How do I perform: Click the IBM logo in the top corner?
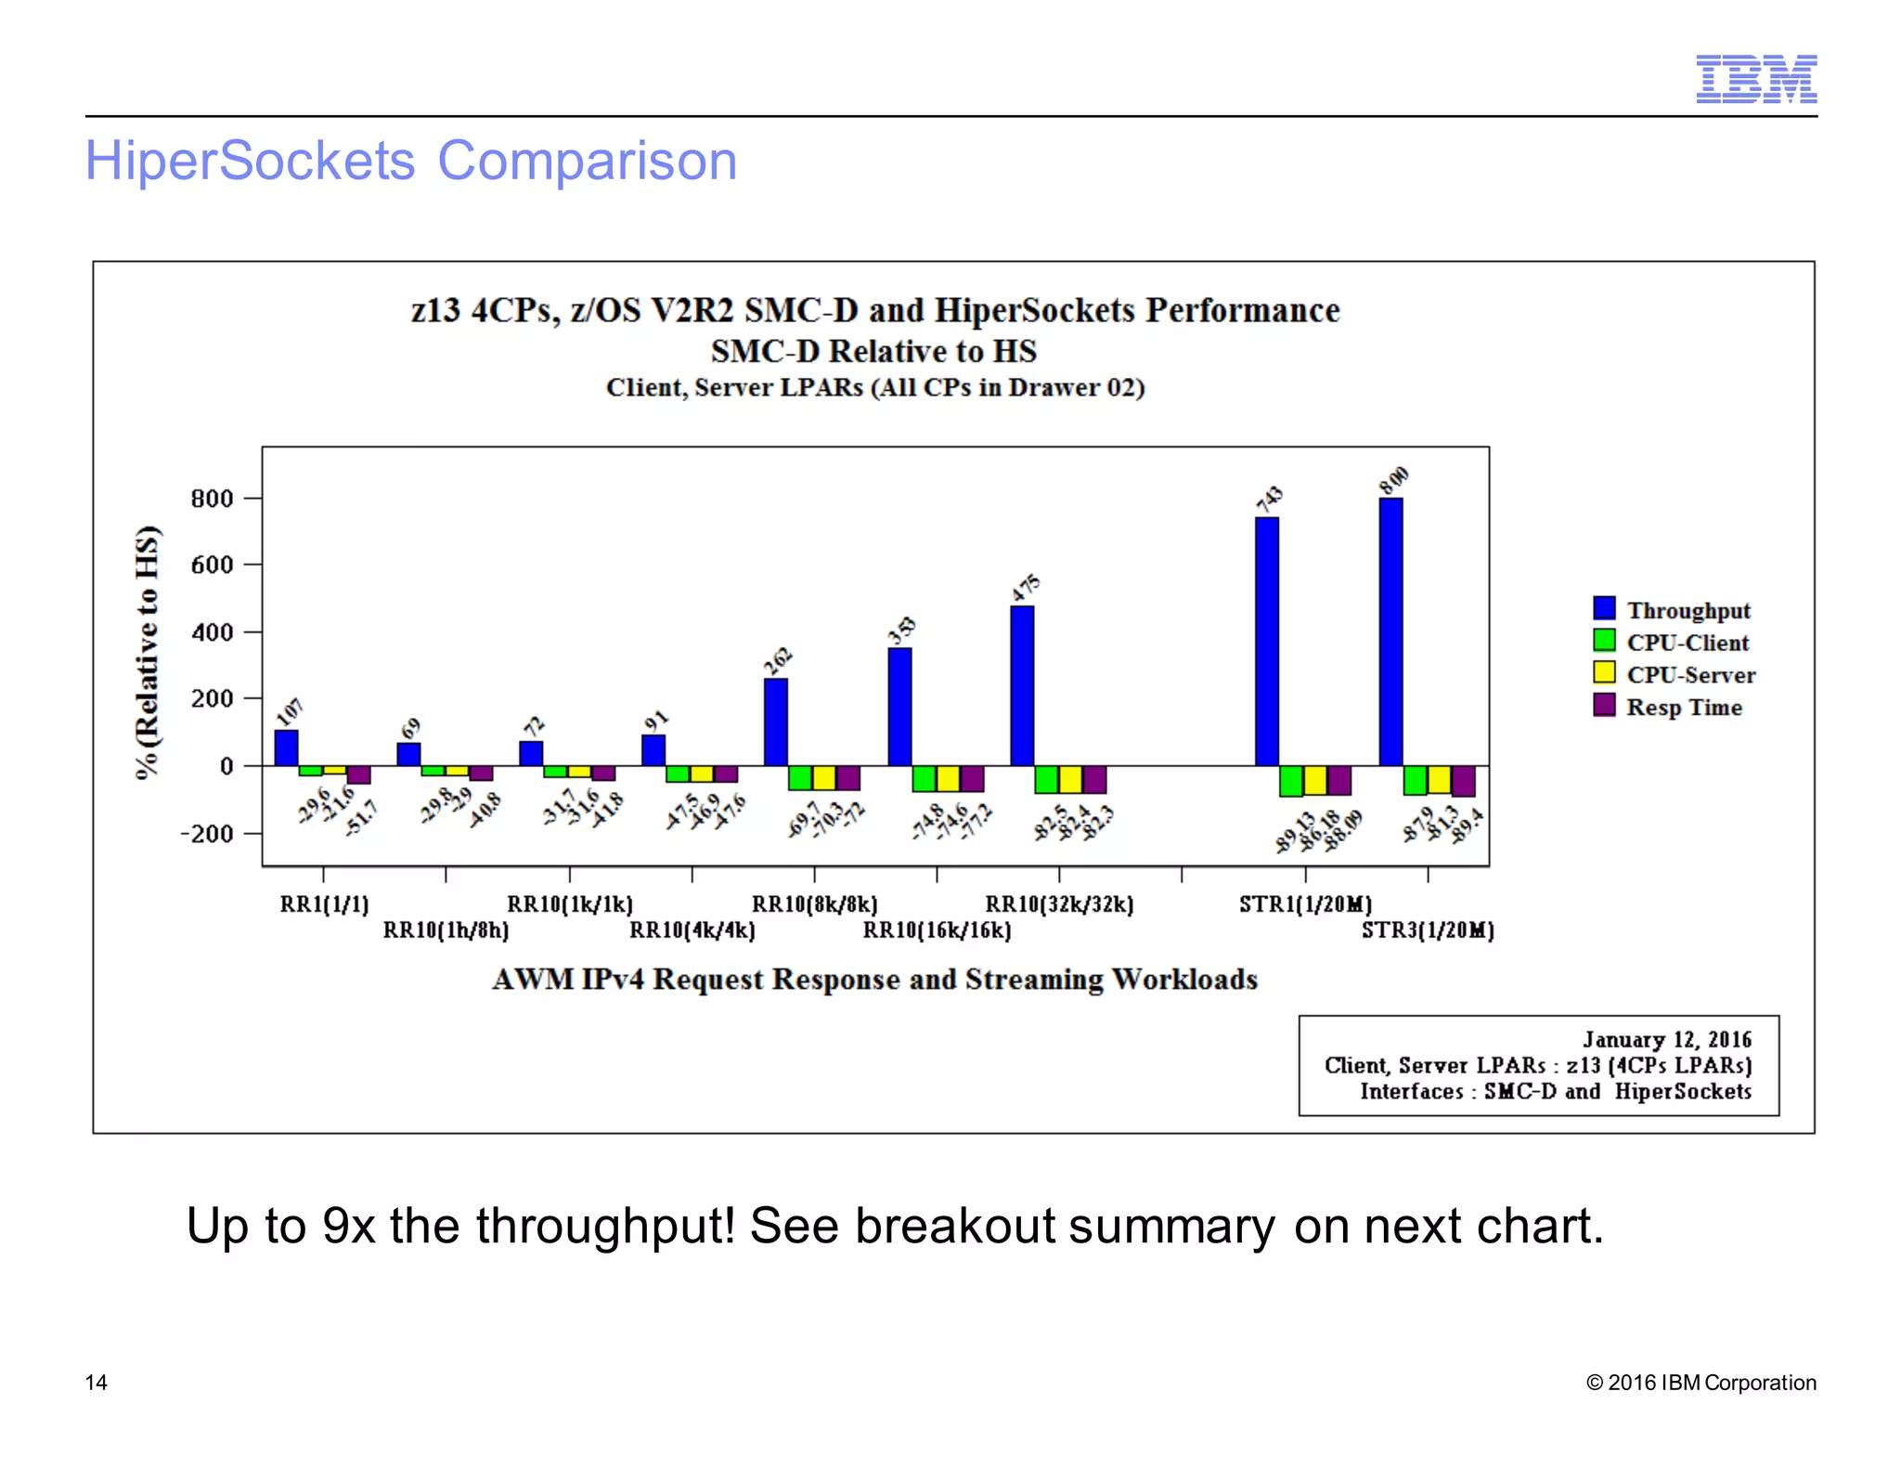coord(1755,79)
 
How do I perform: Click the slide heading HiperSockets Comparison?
coord(411,161)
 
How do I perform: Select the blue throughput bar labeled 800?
coord(1390,631)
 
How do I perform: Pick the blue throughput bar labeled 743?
coord(1266,641)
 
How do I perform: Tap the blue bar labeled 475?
coord(1022,685)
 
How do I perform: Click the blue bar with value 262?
coord(776,721)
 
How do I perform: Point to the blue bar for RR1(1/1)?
coord(286,747)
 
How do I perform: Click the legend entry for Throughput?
coord(1688,610)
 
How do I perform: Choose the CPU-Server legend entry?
coord(1690,675)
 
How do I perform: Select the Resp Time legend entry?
coord(1683,707)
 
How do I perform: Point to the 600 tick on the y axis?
coord(212,565)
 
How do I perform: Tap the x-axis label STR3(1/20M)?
coord(1428,930)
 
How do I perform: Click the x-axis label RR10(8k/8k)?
coord(814,904)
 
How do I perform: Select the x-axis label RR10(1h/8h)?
coord(446,930)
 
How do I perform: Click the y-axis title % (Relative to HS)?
coord(148,653)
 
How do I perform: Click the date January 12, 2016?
coord(1667,1039)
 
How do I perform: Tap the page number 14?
coord(96,1383)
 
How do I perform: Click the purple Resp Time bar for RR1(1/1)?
coord(359,775)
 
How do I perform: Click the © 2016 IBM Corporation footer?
coord(1701,1383)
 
